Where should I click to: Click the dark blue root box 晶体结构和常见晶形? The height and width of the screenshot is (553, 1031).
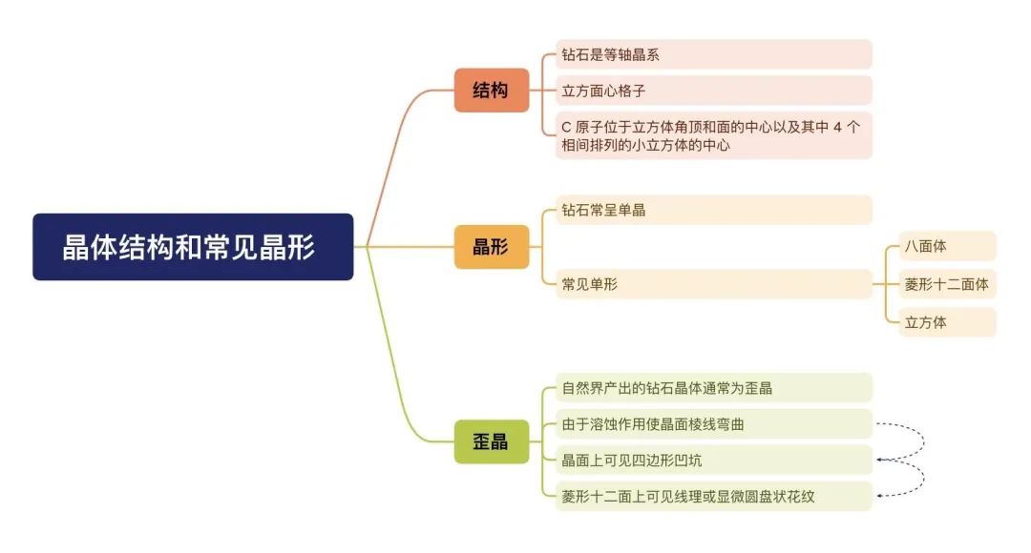point(193,247)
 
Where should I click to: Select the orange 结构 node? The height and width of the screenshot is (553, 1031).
point(492,90)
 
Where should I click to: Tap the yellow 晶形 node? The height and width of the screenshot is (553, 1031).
point(492,247)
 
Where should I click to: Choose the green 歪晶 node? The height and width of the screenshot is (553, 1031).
point(492,441)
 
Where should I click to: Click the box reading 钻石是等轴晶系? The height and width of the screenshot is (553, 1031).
point(713,54)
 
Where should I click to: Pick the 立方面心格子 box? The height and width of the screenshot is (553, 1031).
point(713,91)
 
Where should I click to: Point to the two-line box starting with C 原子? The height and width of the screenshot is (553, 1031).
point(713,135)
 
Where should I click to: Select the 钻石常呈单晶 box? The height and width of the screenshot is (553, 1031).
point(713,210)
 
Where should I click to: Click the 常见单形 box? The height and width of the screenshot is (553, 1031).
point(713,284)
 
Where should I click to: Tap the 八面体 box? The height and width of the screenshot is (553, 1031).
point(948,246)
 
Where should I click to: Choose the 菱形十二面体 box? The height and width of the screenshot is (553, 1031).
point(948,284)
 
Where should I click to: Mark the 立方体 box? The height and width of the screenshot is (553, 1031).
point(948,322)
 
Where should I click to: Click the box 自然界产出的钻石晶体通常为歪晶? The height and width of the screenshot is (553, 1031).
point(713,388)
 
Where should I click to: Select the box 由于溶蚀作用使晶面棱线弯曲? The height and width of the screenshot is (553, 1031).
point(713,424)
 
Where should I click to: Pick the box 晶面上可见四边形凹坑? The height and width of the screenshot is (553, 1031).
point(713,461)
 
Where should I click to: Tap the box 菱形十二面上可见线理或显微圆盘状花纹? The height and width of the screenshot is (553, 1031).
point(713,497)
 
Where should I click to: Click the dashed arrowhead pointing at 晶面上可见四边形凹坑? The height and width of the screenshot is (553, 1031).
point(880,460)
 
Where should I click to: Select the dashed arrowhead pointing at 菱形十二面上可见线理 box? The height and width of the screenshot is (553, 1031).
point(880,496)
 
